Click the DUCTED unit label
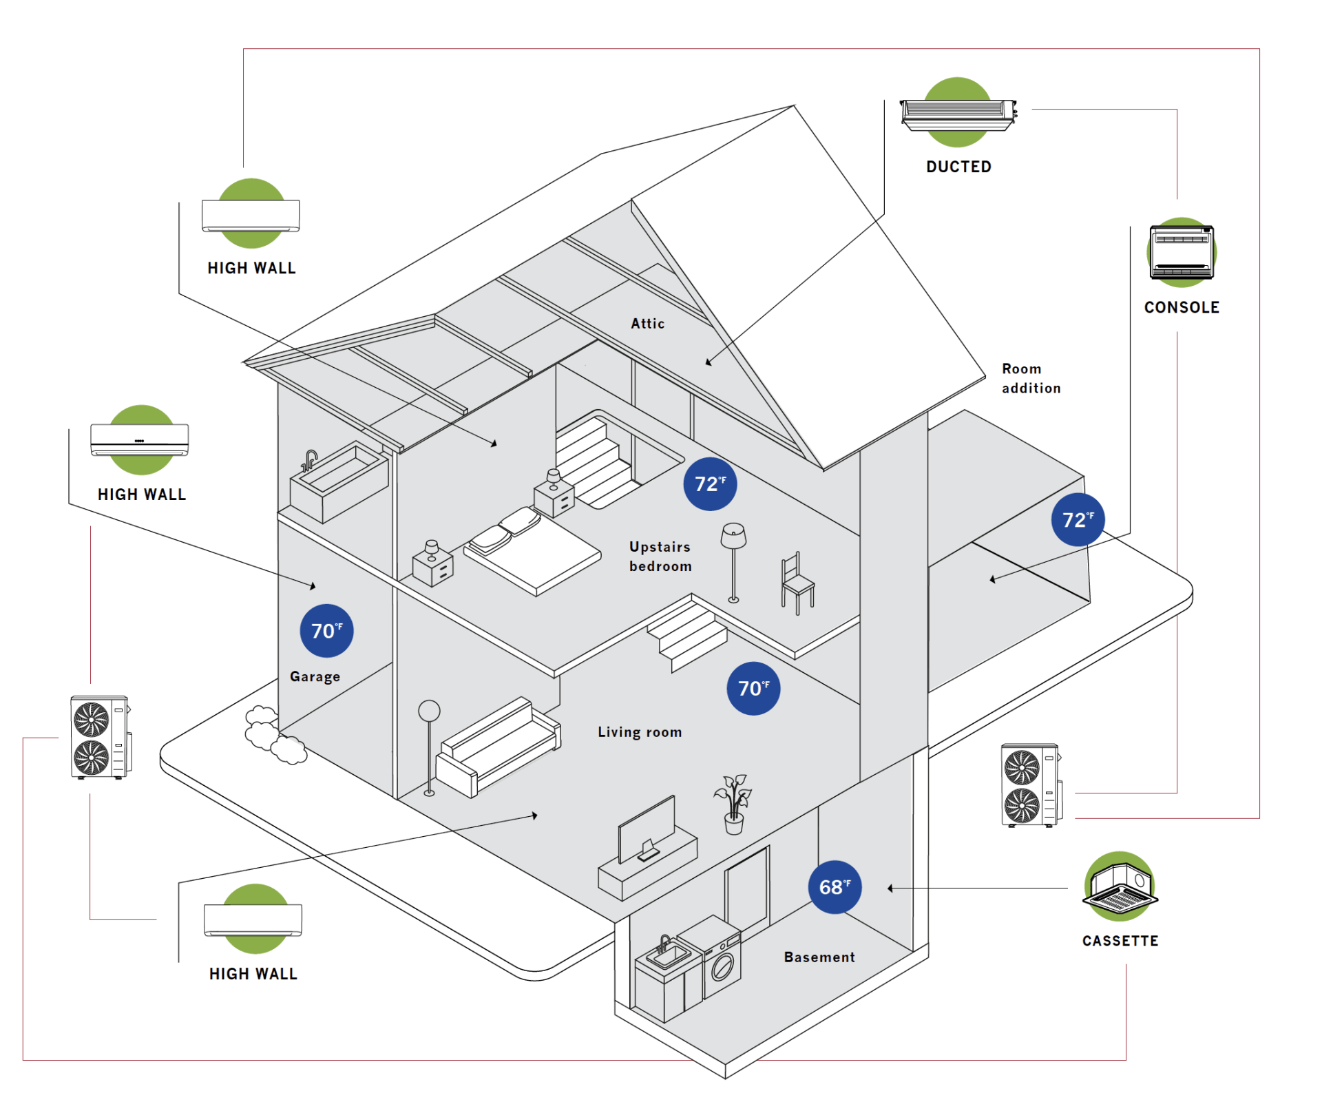(958, 167)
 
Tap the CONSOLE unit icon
(1182, 252)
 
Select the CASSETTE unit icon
(1120, 886)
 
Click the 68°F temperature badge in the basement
(835, 887)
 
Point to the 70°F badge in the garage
(326, 631)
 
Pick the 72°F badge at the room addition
(1078, 520)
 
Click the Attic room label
(648, 324)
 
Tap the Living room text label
(640, 732)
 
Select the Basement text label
(819, 957)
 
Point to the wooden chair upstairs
(797, 583)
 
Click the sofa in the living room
(497, 748)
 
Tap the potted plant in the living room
(733, 804)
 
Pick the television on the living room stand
(647, 830)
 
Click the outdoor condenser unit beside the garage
(101, 737)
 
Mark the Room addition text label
(1031, 379)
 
